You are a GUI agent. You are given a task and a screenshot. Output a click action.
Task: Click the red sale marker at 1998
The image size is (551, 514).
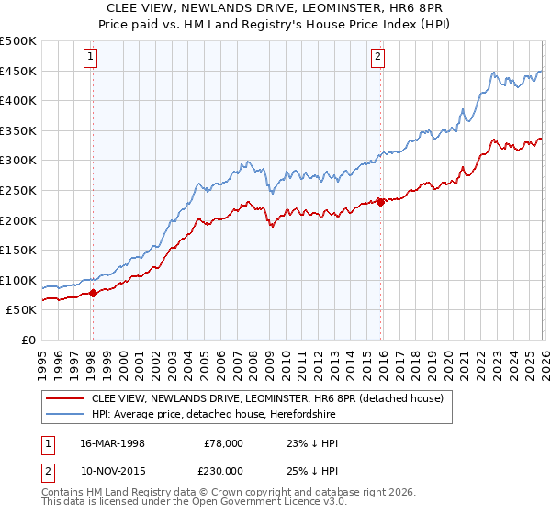(x=93, y=294)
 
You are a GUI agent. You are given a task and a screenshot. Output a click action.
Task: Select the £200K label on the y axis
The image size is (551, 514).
(x=18, y=220)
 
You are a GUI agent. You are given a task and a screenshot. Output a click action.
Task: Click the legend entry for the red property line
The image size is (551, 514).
(x=267, y=398)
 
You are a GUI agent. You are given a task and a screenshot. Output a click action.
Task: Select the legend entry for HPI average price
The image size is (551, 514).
(x=213, y=414)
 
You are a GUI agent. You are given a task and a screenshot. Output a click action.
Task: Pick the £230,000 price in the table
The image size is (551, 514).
(x=224, y=470)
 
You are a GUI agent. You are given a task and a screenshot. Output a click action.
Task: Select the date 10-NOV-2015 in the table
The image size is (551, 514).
(x=113, y=470)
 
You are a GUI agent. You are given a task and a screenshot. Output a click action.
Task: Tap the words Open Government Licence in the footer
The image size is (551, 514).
(x=262, y=504)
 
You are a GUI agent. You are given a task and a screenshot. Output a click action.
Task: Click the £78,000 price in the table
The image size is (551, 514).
(x=224, y=443)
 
